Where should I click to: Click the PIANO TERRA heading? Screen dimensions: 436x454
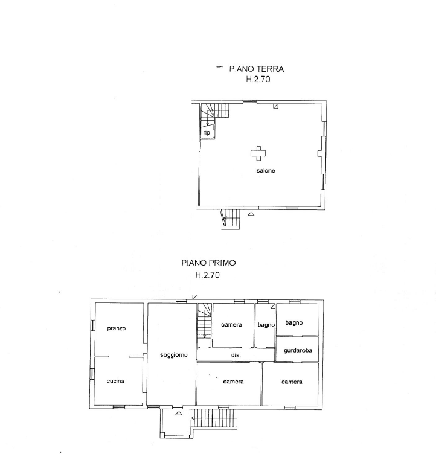click(x=257, y=69)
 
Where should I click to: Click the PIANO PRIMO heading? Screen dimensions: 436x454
click(x=208, y=263)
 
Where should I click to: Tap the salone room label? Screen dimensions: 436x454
click(x=266, y=170)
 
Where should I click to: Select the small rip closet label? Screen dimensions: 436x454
click(x=207, y=133)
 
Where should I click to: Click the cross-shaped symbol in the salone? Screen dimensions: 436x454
click(x=258, y=153)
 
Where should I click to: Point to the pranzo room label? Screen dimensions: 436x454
click(x=117, y=328)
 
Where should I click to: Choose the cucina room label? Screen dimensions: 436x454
click(x=115, y=381)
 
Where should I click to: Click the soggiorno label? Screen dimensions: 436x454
click(x=174, y=355)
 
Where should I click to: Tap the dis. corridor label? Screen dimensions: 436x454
click(x=236, y=355)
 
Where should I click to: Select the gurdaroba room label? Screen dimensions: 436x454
click(x=298, y=350)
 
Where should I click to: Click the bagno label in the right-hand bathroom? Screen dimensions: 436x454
click(x=294, y=322)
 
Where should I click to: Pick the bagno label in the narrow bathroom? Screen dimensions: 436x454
click(x=266, y=325)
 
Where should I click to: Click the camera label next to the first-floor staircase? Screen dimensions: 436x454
click(x=231, y=325)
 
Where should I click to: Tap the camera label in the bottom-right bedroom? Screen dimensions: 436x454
click(x=292, y=382)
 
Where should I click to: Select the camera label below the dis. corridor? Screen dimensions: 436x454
click(x=233, y=382)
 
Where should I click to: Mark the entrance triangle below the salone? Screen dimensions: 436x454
click(x=251, y=214)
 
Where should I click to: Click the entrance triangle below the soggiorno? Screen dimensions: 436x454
click(x=179, y=414)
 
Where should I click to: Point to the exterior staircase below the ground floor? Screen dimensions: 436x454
click(x=231, y=219)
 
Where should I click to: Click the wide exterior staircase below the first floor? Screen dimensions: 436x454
click(x=214, y=418)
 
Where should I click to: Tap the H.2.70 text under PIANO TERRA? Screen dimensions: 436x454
click(x=258, y=79)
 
